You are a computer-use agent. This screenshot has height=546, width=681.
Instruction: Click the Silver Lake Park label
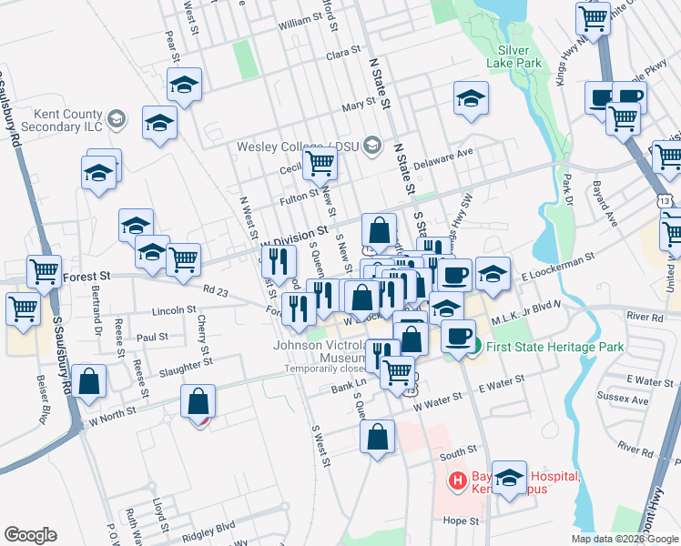point(520,56)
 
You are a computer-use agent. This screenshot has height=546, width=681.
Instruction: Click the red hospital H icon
point(458,480)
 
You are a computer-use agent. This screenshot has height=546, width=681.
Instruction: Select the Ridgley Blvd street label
point(208,525)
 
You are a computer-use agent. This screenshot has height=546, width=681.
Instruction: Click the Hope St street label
point(462,521)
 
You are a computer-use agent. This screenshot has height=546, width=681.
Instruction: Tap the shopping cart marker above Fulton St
point(319,164)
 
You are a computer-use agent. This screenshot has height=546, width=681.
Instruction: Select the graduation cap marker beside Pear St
point(184,86)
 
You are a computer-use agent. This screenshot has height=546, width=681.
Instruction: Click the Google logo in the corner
point(30,535)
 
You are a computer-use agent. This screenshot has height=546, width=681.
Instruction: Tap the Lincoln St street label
point(174,309)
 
